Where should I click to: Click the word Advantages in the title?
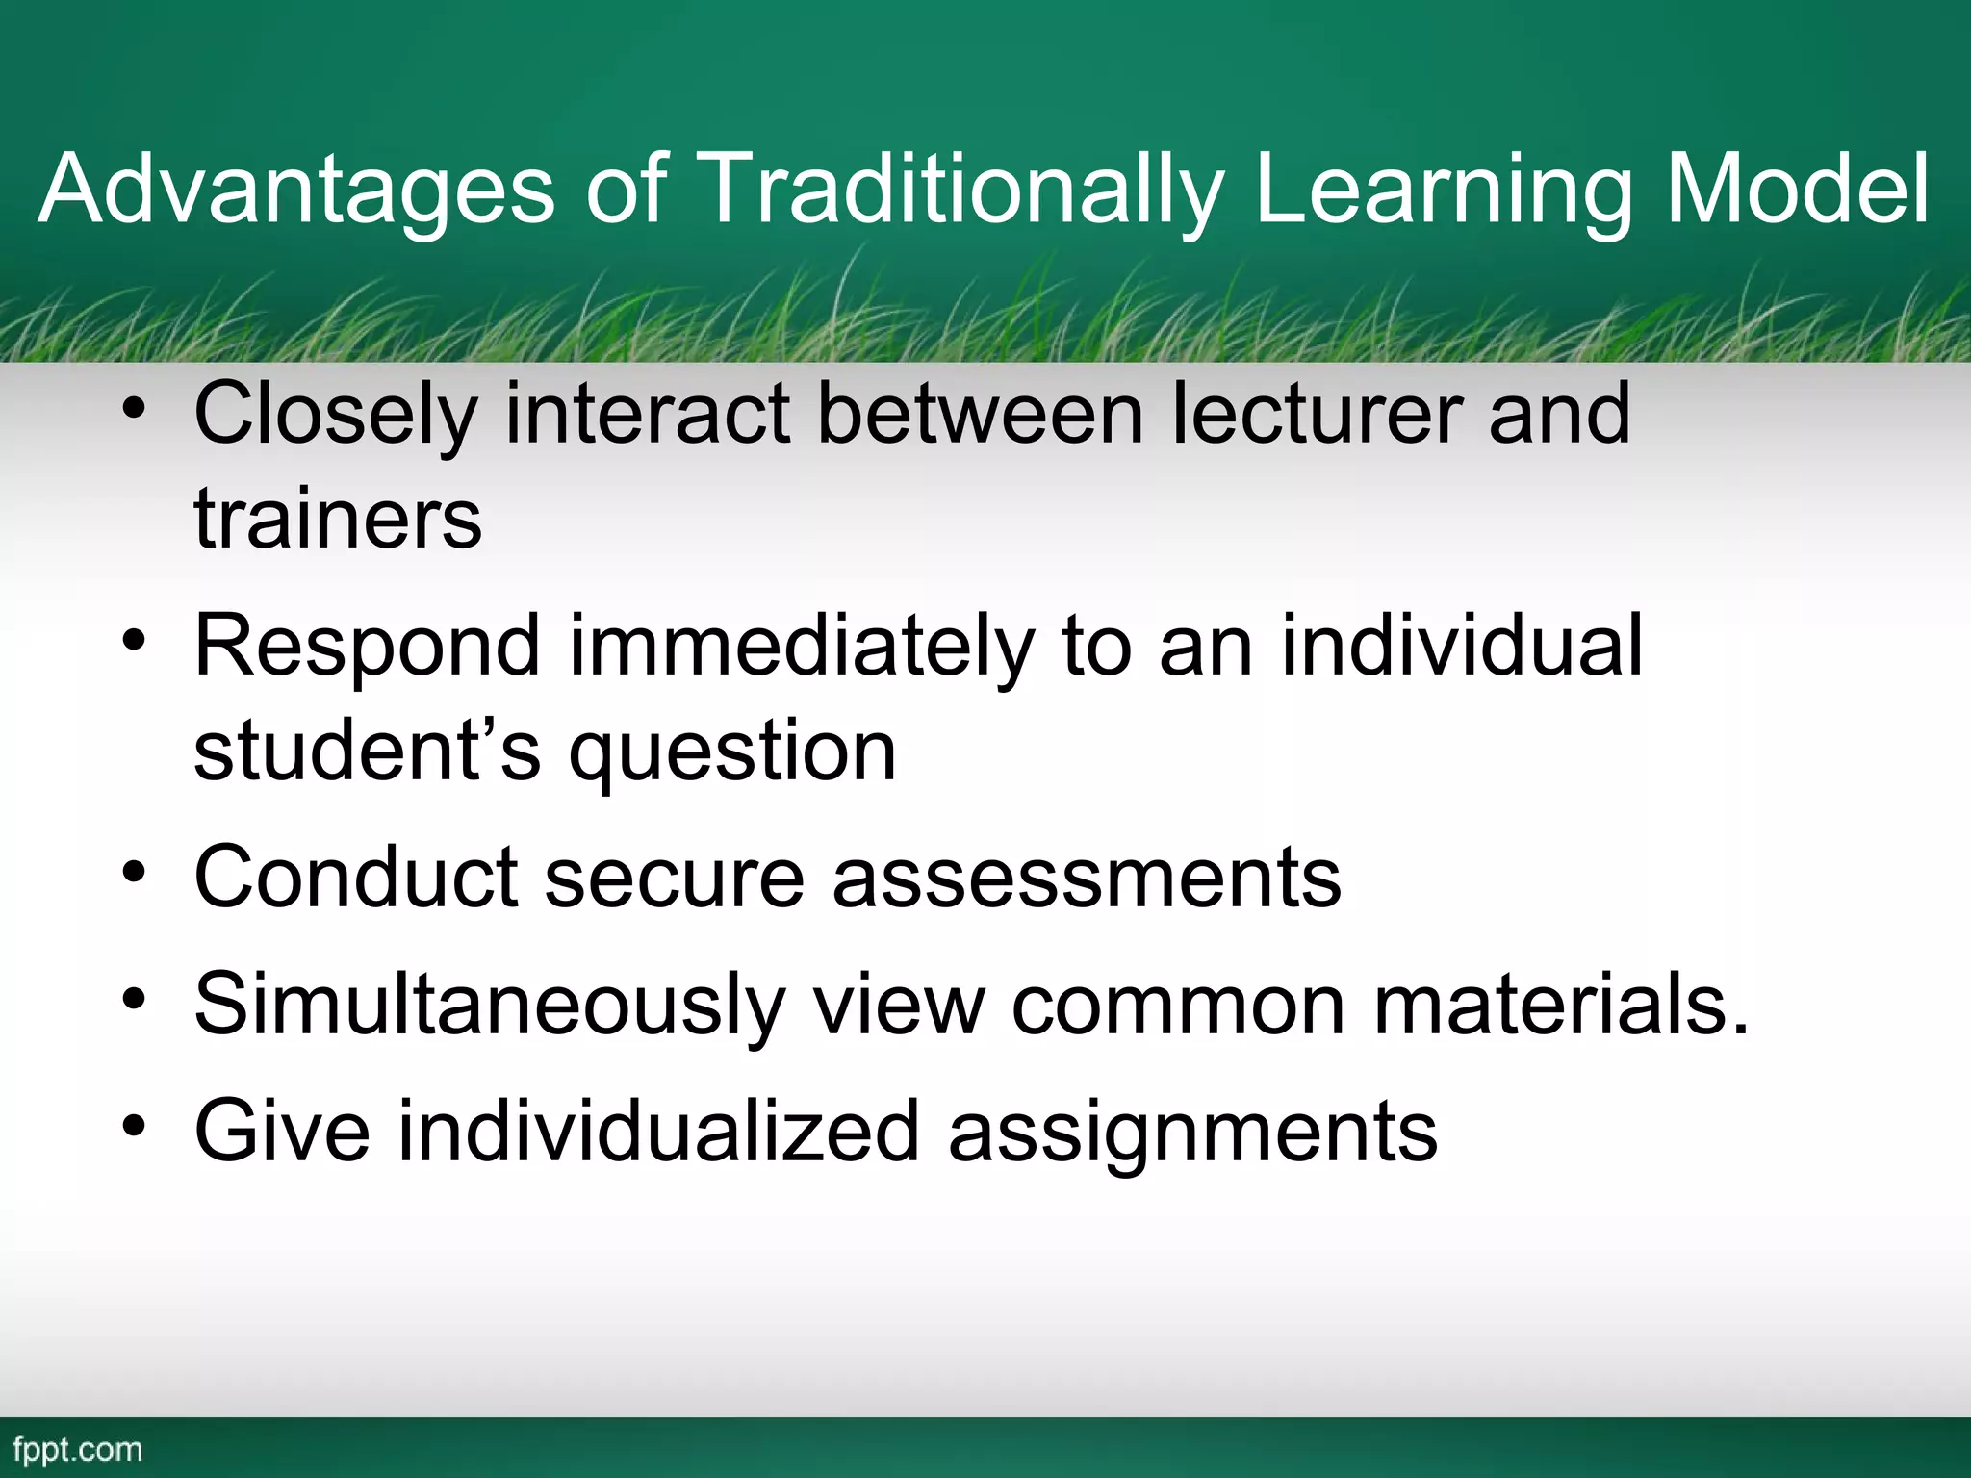(x=296, y=190)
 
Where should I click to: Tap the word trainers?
(x=338, y=520)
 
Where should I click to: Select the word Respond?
(x=367, y=648)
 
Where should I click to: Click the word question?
(x=732, y=753)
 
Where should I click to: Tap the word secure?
(x=674, y=877)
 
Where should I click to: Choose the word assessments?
(x=1087, y=879)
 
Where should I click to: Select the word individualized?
(x=659, y=1132)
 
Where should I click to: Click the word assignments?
(x=1192, y=1134)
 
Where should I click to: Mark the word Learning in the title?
(x=1444, y=190)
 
